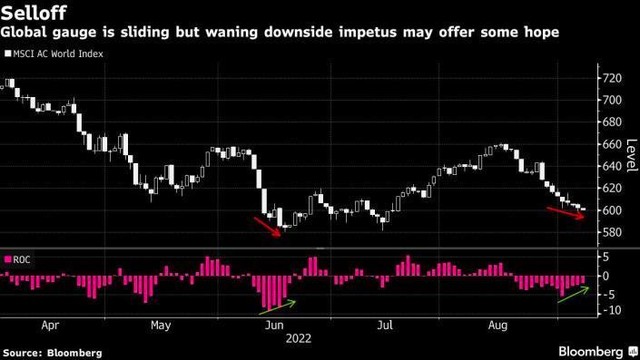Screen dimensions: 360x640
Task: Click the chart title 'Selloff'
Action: (x=32, y=13)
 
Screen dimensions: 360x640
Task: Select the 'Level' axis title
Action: (x=631, y=155)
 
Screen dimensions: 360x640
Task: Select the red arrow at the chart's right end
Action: (x=567, y=211)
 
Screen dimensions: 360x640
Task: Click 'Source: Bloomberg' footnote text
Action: (x=52, y=352)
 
